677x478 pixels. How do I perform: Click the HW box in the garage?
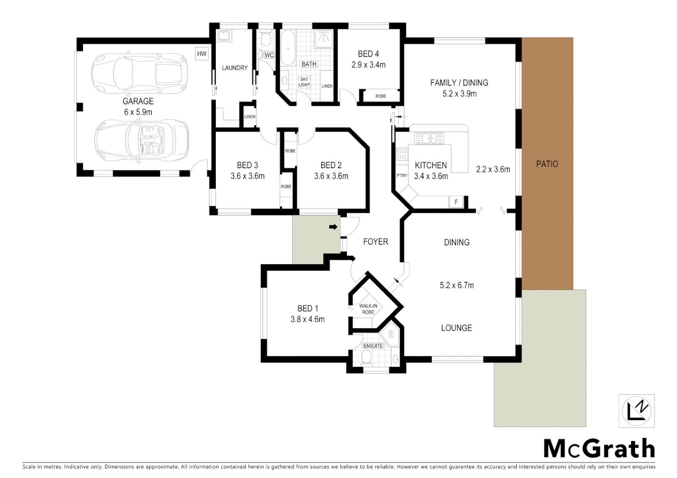coord(202,54)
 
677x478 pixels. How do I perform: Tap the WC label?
coord(269,55)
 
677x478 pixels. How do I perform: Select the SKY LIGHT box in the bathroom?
coord(304,82)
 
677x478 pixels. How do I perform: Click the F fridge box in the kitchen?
coord(456,202)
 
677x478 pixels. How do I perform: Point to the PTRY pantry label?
coord(402,176)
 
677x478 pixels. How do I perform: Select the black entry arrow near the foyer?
coord(333,227)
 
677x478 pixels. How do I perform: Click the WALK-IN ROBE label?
coord(368,309)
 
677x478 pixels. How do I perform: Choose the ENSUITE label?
coord(373,346)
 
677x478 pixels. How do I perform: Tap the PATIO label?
coord(547,164)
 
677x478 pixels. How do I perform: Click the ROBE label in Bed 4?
coord(381,96)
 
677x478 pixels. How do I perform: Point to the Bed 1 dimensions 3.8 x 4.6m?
coord(307,319)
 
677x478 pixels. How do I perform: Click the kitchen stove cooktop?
coord(402,154)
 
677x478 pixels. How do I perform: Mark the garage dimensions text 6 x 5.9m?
coord(138,112)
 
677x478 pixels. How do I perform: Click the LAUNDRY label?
coord(235,68)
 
